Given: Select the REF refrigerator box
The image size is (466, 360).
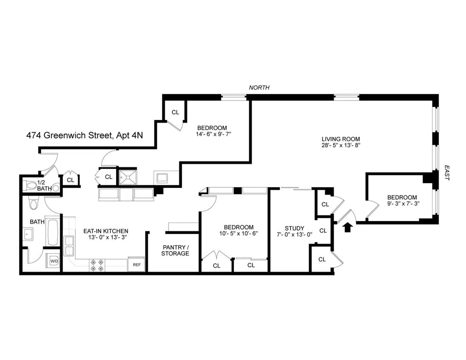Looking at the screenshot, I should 136,265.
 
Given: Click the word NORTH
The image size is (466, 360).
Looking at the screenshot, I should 259,88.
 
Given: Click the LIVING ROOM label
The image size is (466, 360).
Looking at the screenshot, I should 341,139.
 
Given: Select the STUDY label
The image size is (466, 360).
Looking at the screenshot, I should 294,228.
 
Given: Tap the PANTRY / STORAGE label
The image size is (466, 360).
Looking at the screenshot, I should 176,250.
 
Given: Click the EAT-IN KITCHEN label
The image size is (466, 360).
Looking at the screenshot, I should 106,231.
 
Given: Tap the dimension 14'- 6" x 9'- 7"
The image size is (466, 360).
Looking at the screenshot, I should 212,134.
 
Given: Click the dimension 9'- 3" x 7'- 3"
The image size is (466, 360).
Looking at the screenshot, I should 402,203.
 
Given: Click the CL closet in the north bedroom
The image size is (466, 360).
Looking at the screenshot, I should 175,112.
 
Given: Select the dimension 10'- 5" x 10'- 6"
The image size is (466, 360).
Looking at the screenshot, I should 238,234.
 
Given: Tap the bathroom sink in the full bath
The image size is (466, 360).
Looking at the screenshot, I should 28,234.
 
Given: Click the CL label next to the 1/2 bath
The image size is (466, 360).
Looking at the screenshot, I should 70,180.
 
